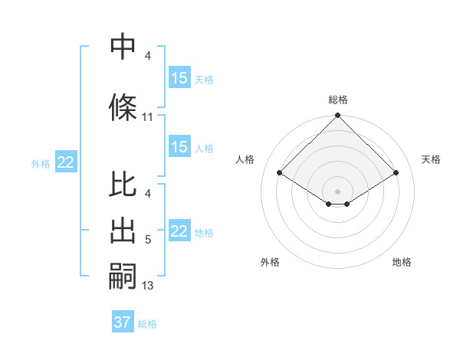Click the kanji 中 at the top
click(123, 47)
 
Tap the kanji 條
click(123, 106)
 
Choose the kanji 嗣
click(123, 277)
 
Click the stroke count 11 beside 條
click(148, 117)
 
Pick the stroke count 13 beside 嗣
click(148, 286)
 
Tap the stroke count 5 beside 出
click(148, 241)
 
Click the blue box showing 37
click(123, 322)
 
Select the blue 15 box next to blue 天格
click(179, 78)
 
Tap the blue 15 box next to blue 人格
click(179, 147)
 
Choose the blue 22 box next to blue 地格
click(179, 231)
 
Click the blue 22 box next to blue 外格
click(66, 162)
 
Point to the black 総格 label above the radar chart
click(337, 100)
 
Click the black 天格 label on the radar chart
click(432, 159)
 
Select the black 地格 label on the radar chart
click(402, 262)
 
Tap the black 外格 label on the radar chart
click(270, 262)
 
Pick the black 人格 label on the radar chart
click(245, 159)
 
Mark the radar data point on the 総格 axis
click(337, 116)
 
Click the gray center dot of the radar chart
click(337, 191)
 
